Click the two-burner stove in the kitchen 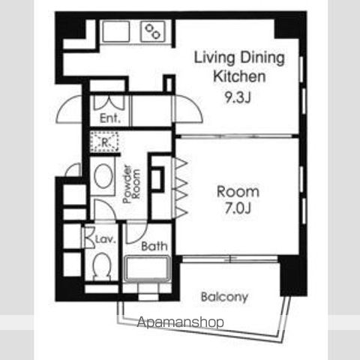click(x=153, y=31)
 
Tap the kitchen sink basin click(x=116, y=31)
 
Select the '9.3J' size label click(x=238, y=97)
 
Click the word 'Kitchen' click(x=239, y=76)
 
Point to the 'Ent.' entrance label click(x=110, y=118)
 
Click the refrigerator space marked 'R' click(x=104, y=142)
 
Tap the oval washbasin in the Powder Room click(x=103, y=176)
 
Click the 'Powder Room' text click(x=131, y=184)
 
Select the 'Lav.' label click(x=106, y=239)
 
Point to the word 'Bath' click(x=154, y=246)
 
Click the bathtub click(x=148, y=268)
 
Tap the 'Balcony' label click(x=224, y=297)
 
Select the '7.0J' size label click(x=238, y=208)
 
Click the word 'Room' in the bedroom click(x=238, y=192)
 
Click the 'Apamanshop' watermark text click(x=181, y=322)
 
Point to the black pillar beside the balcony click(x=293, y=276)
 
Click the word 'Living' click(x=214, y=58)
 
